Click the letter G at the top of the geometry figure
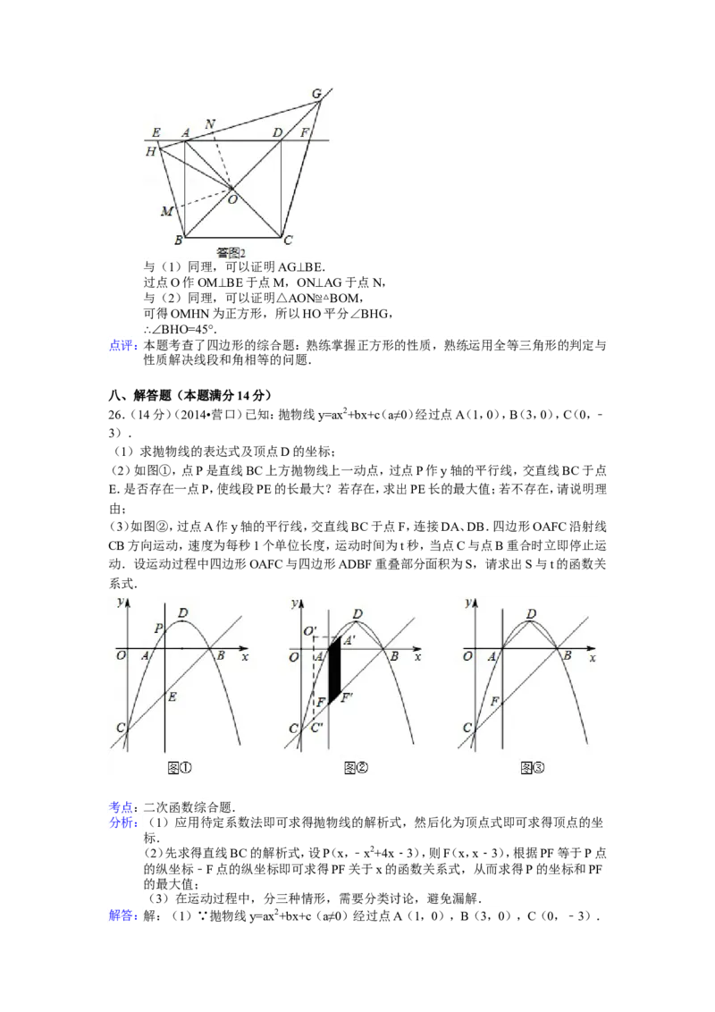point(317,93)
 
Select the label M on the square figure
point(165,211)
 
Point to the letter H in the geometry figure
point(151,153)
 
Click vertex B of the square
point(179,240)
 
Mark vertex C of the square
point(287,240)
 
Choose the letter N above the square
point(210,124)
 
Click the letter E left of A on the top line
point(156,133)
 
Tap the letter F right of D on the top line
point(305,133)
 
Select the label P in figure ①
point(158,628)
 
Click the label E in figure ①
point(172,696)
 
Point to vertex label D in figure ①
point(183,613)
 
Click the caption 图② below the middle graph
point(356,767)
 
